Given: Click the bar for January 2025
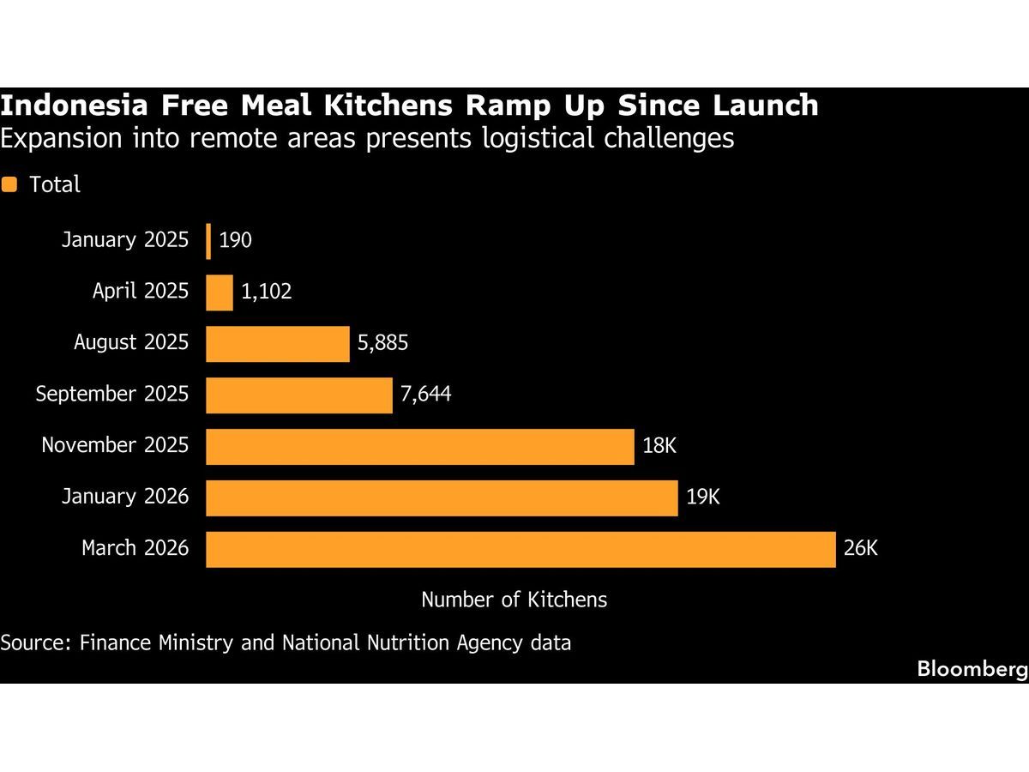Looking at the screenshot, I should coord(208,241).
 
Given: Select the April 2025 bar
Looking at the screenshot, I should coord(220,293).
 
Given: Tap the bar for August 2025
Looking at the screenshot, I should coord(278,344).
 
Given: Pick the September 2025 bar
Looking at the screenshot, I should coord(299,395).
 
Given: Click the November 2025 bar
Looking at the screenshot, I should coord(420,447).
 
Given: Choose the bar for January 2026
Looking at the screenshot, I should coord(442,498).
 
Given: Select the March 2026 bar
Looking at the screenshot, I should coord(521,550).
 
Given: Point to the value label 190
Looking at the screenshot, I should coord(235,241).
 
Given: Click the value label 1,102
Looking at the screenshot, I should coord(267,293).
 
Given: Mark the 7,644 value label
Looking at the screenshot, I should coord(426,395).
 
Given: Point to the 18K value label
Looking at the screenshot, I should coord(659,447).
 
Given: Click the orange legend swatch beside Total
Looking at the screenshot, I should coord(10,184).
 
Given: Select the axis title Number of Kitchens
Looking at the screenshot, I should coord(514,600).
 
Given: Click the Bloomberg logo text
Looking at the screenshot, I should coord(972,669).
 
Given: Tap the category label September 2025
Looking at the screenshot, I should coord(111,395).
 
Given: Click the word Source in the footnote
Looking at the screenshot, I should coord(33,642).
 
